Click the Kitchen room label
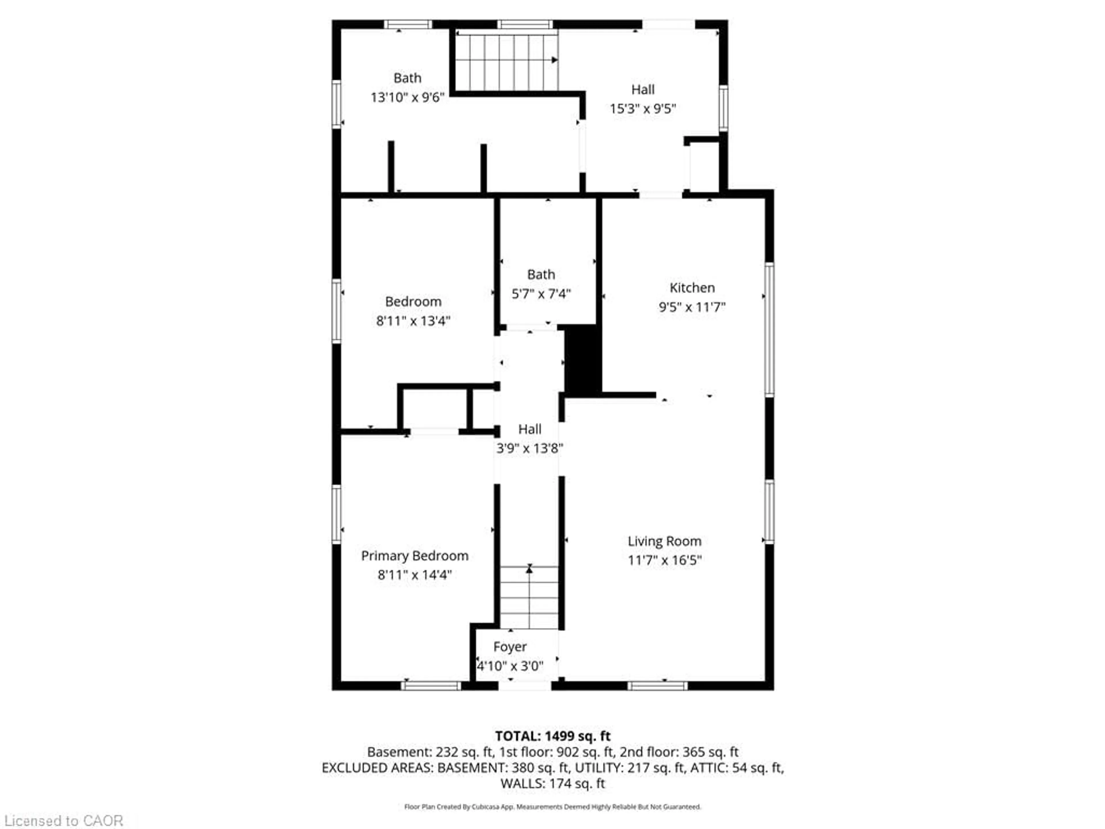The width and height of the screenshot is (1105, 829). [691, 288]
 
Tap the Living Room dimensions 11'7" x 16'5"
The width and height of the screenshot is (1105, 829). [664, 560]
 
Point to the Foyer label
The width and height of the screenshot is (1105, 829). [510, 647]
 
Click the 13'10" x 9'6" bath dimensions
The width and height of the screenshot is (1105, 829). [407, 98]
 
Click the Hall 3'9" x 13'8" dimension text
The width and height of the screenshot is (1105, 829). [529, 448]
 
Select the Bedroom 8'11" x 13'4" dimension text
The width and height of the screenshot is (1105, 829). [413, 321]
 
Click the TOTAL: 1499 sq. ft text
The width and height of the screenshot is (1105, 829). [552, 736]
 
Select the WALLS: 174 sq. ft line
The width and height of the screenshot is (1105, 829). [552, 784]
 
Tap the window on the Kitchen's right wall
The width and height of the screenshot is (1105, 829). [769, 330]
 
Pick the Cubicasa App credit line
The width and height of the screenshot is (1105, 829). [552, 807]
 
